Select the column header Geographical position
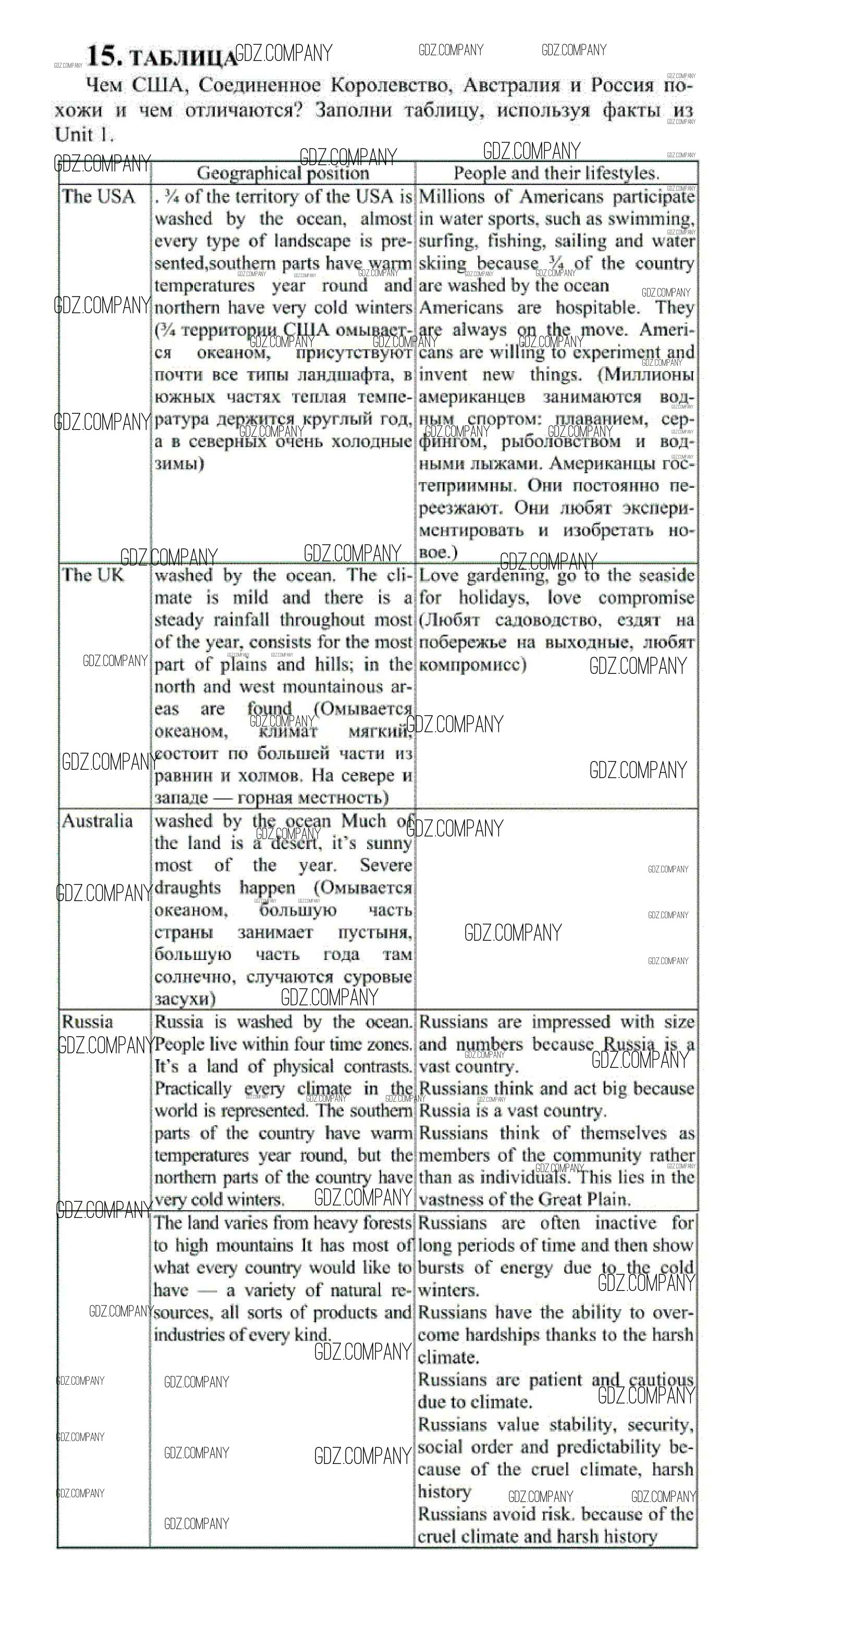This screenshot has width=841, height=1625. coord(283,173)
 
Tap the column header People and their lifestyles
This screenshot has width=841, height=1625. coord(556,173)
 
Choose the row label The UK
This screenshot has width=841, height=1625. coord(93,575)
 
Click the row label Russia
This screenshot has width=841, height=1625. coord(87,1021)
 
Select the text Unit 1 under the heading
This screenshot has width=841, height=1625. coord(84,134)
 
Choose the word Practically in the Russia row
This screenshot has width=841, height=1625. coord(193,1089)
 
